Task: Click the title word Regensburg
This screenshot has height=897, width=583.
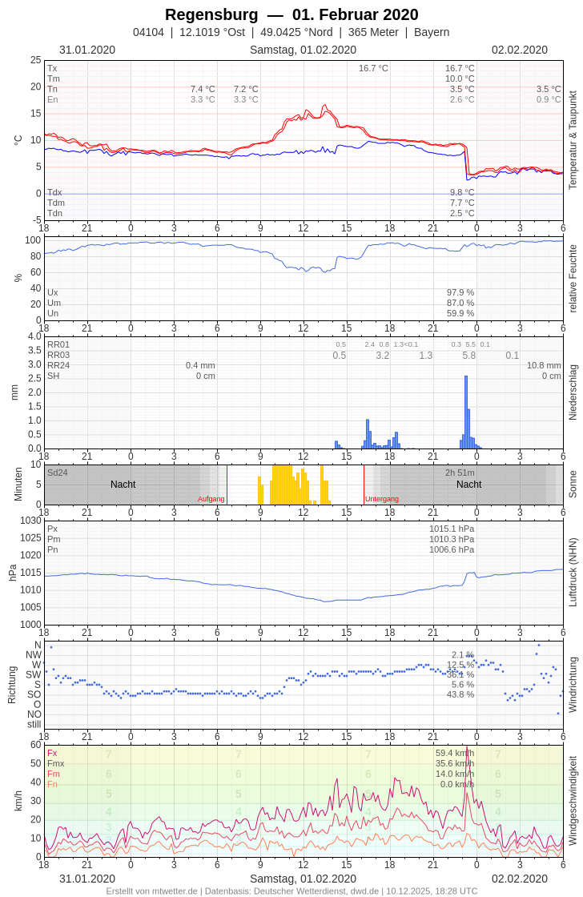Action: pos(211,14)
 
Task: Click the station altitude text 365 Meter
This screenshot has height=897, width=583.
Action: pos(375,32)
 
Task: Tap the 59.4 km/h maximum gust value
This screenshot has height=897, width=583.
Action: pos(455,753)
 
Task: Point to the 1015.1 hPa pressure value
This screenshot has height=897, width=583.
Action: pos(452,529)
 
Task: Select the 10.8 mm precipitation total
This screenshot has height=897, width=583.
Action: pos(544,365)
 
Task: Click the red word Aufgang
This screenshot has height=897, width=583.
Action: pos(211,499)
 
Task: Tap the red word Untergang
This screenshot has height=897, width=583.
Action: pos(382,499)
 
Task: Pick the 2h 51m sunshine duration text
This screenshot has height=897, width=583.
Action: pos(460,473)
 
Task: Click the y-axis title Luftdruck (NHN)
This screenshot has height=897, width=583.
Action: pos(573,572)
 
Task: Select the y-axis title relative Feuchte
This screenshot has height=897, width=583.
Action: pos(573,279)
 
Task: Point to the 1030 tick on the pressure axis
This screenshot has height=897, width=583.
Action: pos(31,521)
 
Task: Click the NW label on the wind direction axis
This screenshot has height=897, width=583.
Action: pos(34,655)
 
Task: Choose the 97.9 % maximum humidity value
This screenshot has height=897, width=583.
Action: pos(460,292)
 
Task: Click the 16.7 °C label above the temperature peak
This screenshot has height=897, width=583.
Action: pos(373,68)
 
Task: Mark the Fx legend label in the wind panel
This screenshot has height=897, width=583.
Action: pos(52,753)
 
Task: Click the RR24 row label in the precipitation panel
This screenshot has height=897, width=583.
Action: pos(58,365)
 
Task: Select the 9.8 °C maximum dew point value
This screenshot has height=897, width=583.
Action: pos(462,192)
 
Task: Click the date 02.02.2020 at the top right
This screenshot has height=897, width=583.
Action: pos(520,50)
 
